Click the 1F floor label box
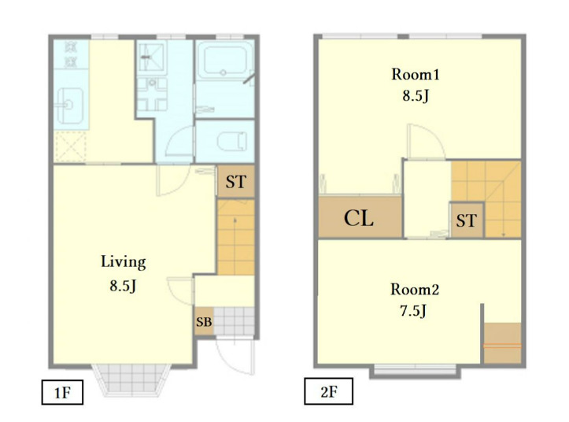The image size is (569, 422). pos(62,392)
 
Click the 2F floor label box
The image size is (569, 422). pos(328,391)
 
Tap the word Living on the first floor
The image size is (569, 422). pos(124,262)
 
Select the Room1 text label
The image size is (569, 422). pos(416,75)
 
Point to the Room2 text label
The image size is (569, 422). pos(415,290)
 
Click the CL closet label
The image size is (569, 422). pos(359,219)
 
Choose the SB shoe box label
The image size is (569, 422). pos(204,322)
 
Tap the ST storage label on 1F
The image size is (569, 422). pos(236,182)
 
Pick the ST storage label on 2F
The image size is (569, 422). pos(467,220)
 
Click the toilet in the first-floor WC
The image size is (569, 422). pos(231,141)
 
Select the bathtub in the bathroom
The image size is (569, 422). pos(224,60)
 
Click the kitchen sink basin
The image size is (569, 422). pos(70,105)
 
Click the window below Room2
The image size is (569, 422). pos(415,370)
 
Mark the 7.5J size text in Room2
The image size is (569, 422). pos(414,311)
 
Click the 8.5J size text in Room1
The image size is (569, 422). pos(416,96)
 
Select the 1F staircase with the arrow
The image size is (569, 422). pos(235,237)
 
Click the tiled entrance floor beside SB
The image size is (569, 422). pos(234,322)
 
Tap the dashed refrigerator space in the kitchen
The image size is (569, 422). pos(70,146)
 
